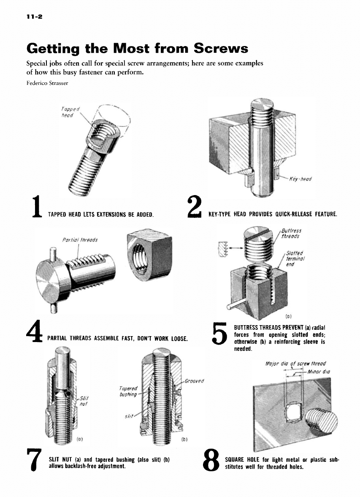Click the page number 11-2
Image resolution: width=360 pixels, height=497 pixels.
34,16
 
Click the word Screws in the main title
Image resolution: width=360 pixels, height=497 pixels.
221,48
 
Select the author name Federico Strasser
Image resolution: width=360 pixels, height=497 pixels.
47,83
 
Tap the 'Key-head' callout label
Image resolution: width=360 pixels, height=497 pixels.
300,179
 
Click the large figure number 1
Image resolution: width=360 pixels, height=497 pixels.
37,206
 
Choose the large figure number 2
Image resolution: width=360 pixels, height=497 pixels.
195,206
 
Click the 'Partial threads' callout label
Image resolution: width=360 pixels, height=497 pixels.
80,240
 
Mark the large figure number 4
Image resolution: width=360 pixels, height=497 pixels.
34,331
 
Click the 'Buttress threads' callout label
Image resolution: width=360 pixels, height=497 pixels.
291,233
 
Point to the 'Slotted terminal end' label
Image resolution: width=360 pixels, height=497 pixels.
295,259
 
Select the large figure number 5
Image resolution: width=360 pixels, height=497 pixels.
219,334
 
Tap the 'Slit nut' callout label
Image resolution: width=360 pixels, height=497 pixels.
84,401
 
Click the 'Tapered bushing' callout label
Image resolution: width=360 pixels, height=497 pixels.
128,391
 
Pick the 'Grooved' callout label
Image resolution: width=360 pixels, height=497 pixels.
194,381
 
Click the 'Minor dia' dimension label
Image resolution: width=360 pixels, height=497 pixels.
319,372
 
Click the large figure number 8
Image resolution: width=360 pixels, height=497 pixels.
211,459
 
